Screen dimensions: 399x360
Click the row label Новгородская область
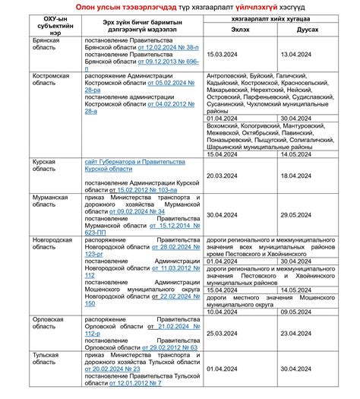tap(52, 244)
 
